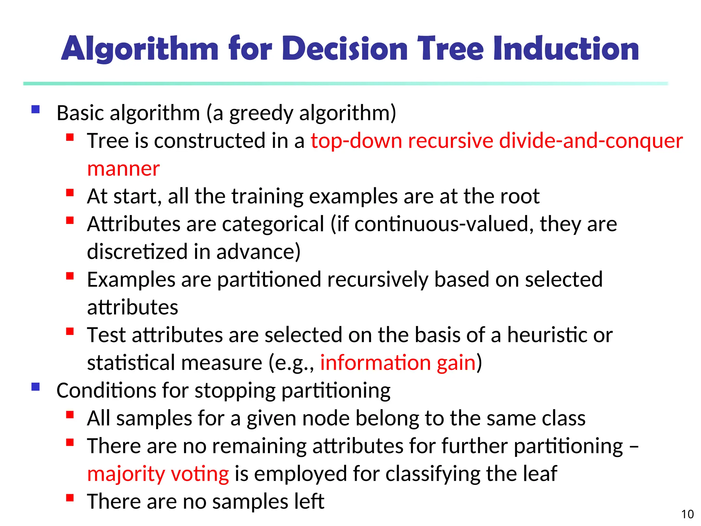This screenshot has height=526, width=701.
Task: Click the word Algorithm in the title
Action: coord(140,49)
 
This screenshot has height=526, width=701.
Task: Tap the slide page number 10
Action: coord(687,514)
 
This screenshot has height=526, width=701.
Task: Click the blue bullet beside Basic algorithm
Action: coord(36,110)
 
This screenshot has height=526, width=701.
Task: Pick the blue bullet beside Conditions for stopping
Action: coord(36,387)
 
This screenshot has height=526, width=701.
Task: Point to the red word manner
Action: coord(123,169)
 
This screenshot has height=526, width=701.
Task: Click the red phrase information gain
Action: coord(398,363)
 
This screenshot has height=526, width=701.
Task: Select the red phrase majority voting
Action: coord(158,474)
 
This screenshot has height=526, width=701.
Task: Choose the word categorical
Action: coord(273,224)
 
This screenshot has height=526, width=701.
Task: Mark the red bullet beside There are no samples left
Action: coord(70,498)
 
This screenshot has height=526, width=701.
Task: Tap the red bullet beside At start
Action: coord(70,193)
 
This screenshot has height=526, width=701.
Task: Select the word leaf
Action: coord(540,474)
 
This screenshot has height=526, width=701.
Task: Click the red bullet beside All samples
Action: coord(70,415)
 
